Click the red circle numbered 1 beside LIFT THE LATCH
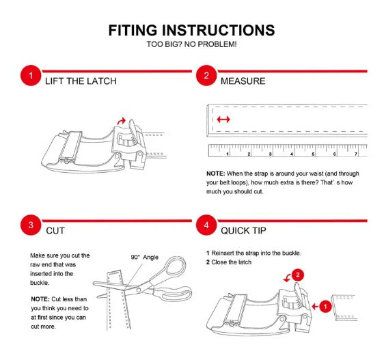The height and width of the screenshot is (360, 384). point(31,75)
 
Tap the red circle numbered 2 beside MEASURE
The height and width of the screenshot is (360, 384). point(206,75)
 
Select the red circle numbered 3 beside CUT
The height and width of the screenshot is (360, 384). point(31,225)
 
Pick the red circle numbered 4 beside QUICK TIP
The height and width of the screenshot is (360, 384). point(206,225)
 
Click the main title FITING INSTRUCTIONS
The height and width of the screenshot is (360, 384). point(191,30)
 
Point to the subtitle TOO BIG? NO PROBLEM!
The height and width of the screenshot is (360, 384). point(191,44)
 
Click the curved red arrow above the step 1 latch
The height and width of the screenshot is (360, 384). point(121,121)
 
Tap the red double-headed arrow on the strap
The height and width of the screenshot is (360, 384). point(223,120)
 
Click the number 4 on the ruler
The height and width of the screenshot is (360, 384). point(292,154)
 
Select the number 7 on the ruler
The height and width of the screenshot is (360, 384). point(356,154)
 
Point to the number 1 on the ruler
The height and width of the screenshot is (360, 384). point(228,154)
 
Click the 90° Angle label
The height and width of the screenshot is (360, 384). point(144,257)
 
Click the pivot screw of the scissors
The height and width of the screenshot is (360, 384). point(139,290)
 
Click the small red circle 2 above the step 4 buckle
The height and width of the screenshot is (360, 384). point(298,275)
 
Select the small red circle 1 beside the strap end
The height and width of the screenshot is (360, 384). point(325,306)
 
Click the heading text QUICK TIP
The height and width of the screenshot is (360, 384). point(243,231)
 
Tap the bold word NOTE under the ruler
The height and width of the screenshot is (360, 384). point(215,174)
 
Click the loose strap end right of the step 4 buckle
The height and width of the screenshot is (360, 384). point(344,308)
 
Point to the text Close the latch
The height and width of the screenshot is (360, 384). point(231,262)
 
